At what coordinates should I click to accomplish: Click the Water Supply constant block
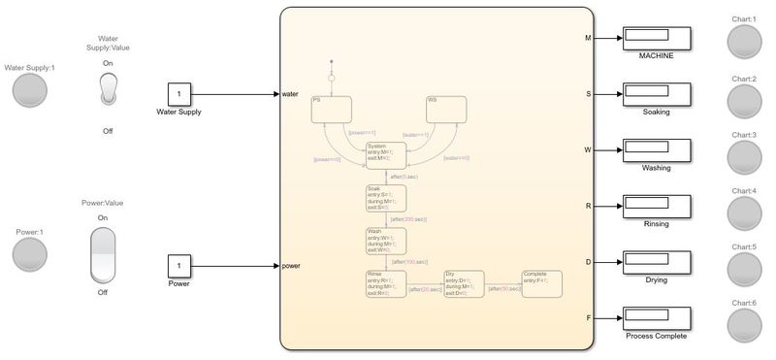point(181,95)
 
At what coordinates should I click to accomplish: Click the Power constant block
point(181,266)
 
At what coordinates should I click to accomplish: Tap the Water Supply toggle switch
point(108,89)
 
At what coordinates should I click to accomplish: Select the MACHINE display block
point(657,39)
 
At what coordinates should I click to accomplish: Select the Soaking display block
point(657,95)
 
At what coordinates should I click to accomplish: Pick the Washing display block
point(657,150)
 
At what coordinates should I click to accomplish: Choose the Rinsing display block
point(657,207)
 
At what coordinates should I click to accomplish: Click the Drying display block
point(657,262)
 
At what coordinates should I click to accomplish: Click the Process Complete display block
point(657,318)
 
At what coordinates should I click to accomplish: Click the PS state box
point(330,109)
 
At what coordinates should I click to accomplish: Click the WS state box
point(445,109)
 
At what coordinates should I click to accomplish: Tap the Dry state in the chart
point(464,285)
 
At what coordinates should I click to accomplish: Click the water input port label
point(291,95)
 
